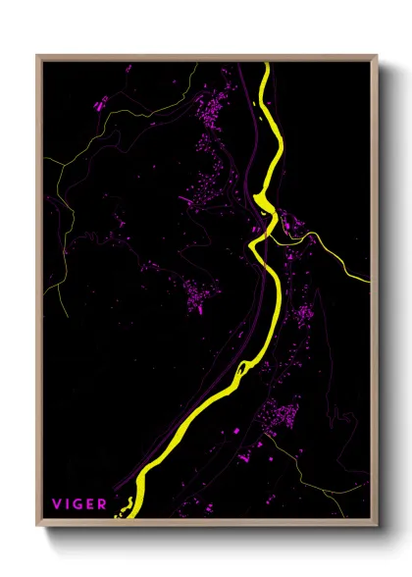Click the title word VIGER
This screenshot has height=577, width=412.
[x=79, y=504]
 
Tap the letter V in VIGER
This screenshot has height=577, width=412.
[x=57, y=504]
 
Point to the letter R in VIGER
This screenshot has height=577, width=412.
[x=103, y=504]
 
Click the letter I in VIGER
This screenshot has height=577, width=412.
[x=67, y=504]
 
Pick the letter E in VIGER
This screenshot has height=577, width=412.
[x=91, y=504]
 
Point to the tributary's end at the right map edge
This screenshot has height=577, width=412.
[x=370, y=282]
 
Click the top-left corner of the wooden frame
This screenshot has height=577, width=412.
[x=38, y=56]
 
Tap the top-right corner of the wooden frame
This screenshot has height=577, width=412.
[x=377, y=56]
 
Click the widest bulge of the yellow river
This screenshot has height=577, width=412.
[x=262, y=201]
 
